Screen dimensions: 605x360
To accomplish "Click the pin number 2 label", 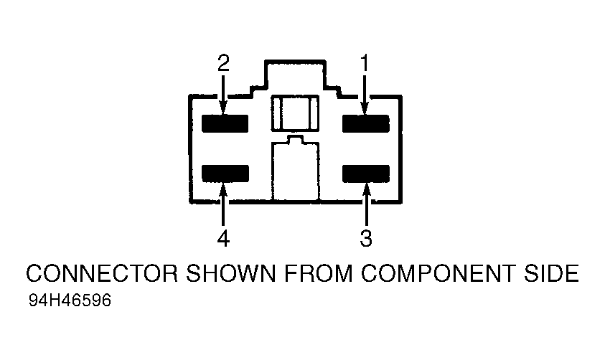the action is (223, 63).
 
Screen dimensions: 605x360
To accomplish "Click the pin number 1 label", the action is (365, 63).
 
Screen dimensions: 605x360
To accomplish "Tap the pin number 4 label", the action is (223, 238).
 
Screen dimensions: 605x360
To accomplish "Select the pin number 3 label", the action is (366, 238).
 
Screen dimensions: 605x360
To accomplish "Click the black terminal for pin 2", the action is (225, 123).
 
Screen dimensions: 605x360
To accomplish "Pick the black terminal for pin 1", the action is (366, 123).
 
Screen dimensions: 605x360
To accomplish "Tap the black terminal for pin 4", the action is (225, 173).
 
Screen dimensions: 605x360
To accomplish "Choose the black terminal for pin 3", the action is (366, 173).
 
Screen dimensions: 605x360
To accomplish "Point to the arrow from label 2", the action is (223, 95).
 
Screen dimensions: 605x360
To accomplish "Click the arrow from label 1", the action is (365, 95).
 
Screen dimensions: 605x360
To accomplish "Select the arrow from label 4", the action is (223, 204).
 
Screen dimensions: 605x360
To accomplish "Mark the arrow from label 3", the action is (366, 204).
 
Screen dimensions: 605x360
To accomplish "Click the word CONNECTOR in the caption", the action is (102, 273).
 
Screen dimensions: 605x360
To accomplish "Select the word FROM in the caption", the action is (318, 273).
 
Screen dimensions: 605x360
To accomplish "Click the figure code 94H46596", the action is (70, 300).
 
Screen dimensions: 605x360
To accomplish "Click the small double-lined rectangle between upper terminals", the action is (295, 113).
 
